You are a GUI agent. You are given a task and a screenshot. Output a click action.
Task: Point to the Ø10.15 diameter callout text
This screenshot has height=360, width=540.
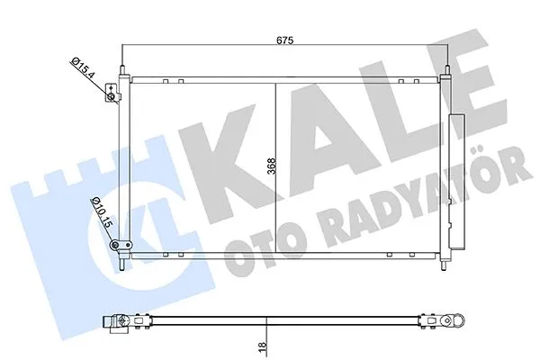pyautogui.click(x=99, y=214)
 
